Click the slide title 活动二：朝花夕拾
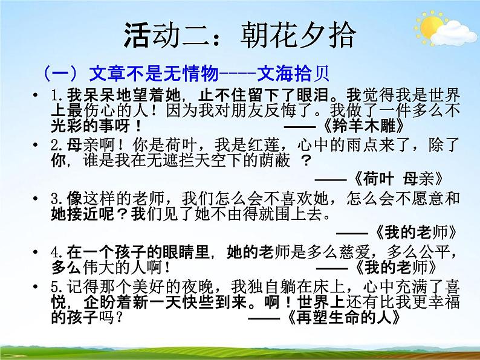coord(240,34)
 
